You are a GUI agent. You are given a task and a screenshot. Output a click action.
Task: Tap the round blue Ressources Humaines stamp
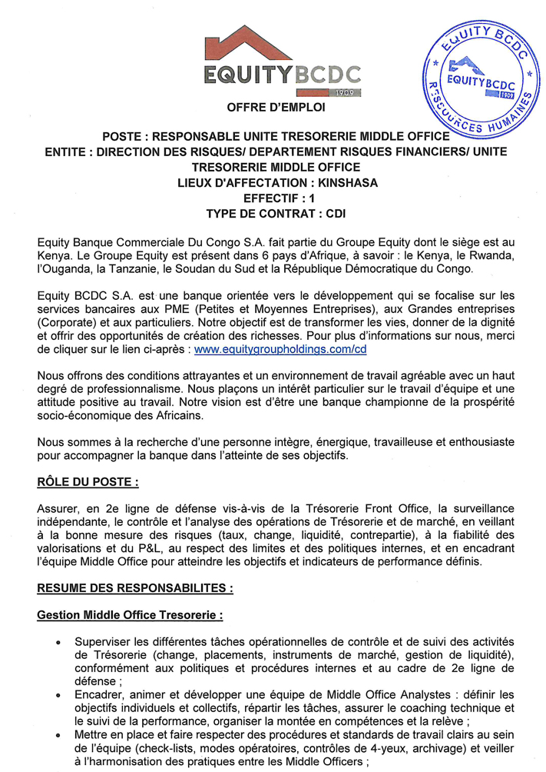481,78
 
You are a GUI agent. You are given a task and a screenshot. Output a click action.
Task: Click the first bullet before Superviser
59,641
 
